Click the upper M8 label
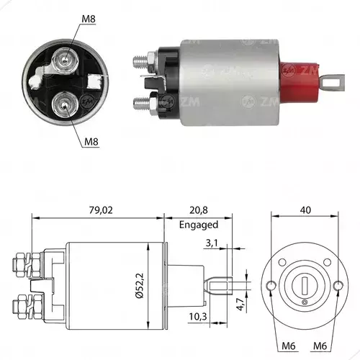[89, 19]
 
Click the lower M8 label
[91, 142]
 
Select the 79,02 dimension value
[101, 210]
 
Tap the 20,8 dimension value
[199, 210]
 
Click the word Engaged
[199, 225]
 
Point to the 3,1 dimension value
[212, 243]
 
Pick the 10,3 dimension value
[198, 317]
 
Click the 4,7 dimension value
[240, 304]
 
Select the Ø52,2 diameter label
[140, 286]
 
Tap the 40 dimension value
[305, 210]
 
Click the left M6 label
[289, 346]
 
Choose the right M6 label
[320, 346]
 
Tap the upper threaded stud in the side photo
[140, 62]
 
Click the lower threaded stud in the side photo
[140, 104]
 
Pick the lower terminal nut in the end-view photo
[64, 104]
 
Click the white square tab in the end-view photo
[94, 82]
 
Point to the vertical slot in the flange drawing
[305, 286]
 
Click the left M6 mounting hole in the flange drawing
[271, 286]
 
